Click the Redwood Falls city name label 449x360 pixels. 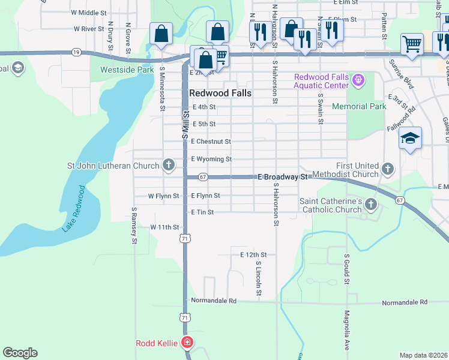coord(220,94)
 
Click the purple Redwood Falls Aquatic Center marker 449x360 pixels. coord(359,79)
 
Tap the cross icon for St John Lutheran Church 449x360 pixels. coord(169,165)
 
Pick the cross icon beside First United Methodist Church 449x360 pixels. coord(388,169)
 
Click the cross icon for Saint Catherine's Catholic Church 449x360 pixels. coord(370,205)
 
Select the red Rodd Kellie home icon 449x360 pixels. coord(187,343)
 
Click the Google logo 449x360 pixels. coord(20,353)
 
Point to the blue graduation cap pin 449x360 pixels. coord(410,139)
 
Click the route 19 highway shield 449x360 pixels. coord(76,52)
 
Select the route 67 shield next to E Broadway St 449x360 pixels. coord(203,177)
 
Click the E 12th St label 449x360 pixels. coord(253,255)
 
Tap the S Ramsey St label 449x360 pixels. coord(134,226)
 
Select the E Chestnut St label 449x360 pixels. coord(211,142)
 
